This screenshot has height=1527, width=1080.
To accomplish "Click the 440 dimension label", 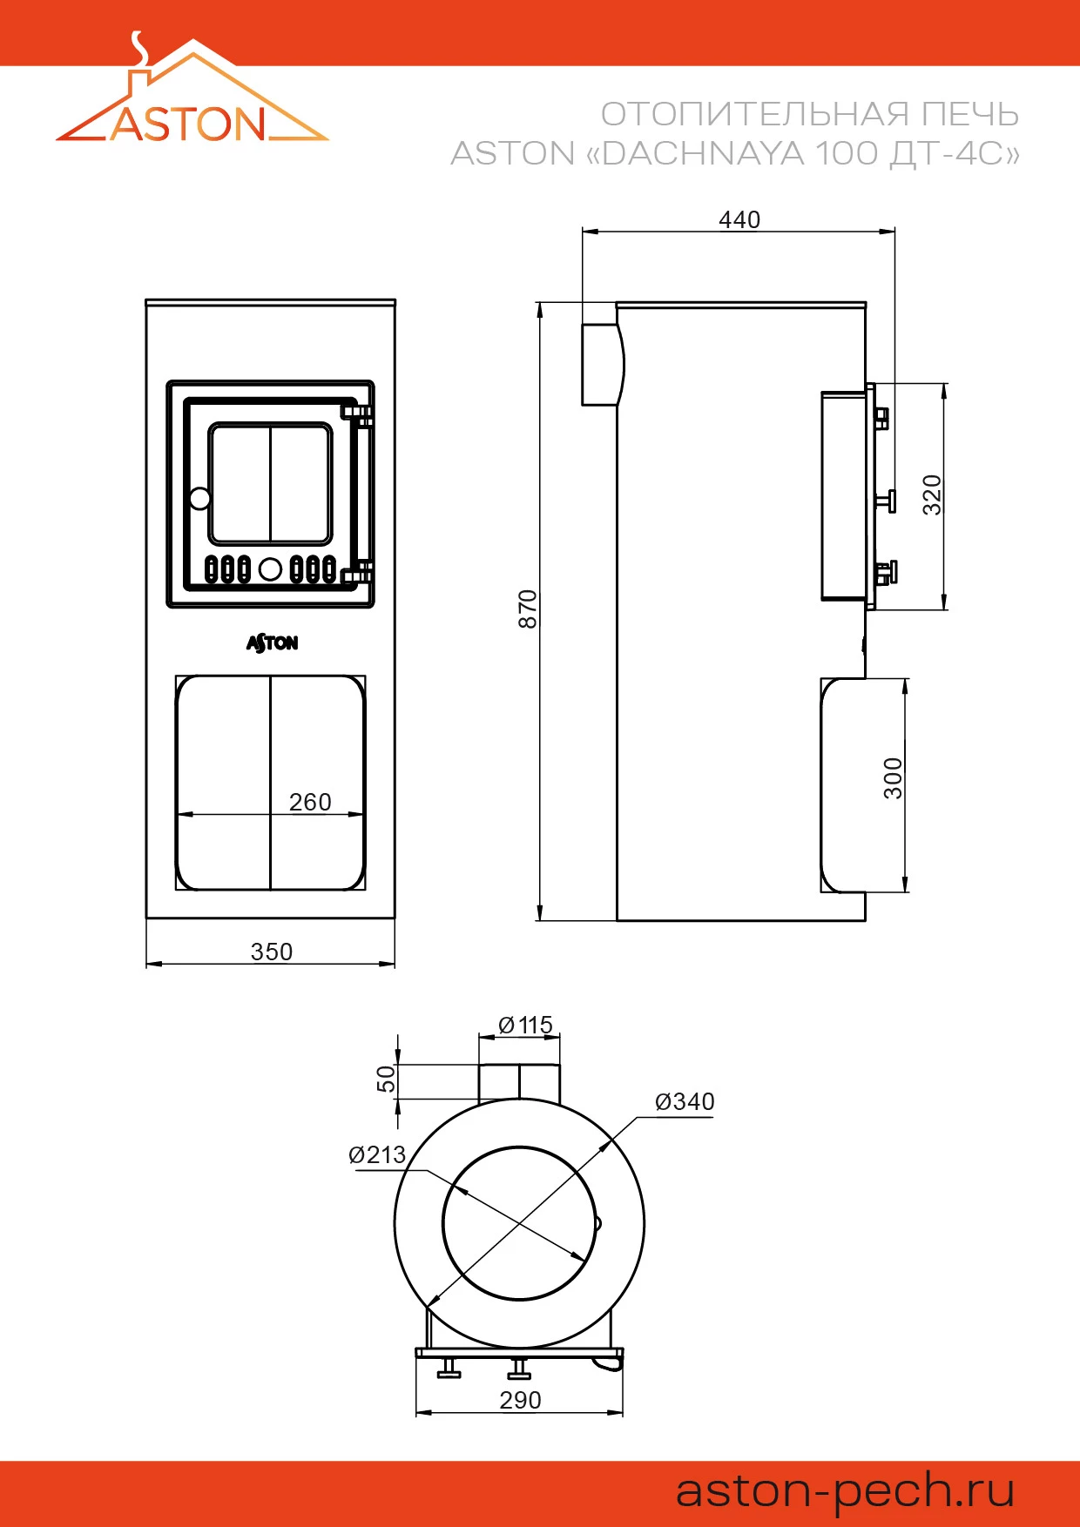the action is [739, 219].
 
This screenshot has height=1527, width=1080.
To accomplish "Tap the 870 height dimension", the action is [528, 609].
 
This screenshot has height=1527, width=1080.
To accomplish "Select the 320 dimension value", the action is [932, 494].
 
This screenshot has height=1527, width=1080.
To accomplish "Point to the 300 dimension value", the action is [893, 778].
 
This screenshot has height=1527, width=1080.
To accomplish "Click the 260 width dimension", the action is [310, 802].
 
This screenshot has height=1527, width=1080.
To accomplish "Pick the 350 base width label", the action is [272, 952].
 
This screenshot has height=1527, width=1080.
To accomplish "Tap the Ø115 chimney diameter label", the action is [526, 1025].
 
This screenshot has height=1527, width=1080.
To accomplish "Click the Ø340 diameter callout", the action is [685, 1101].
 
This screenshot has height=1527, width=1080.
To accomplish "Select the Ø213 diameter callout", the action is [377, 1154].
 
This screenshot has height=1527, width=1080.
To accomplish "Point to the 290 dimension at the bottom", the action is [520, 1400].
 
